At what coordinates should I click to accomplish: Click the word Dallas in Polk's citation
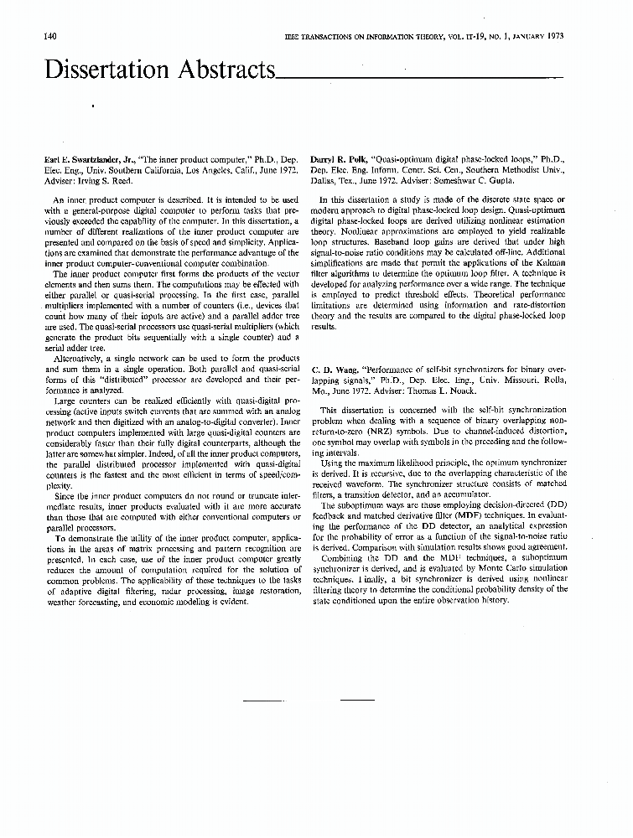pyautogui.click(x=324, y=179)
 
